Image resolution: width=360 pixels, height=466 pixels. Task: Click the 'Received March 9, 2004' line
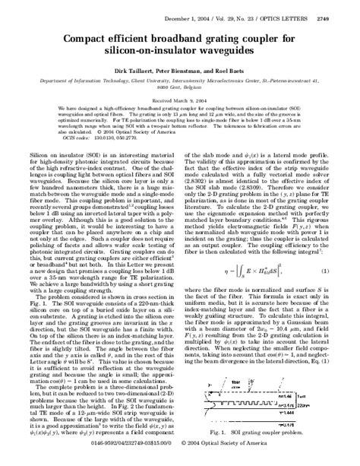coord(179,99)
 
